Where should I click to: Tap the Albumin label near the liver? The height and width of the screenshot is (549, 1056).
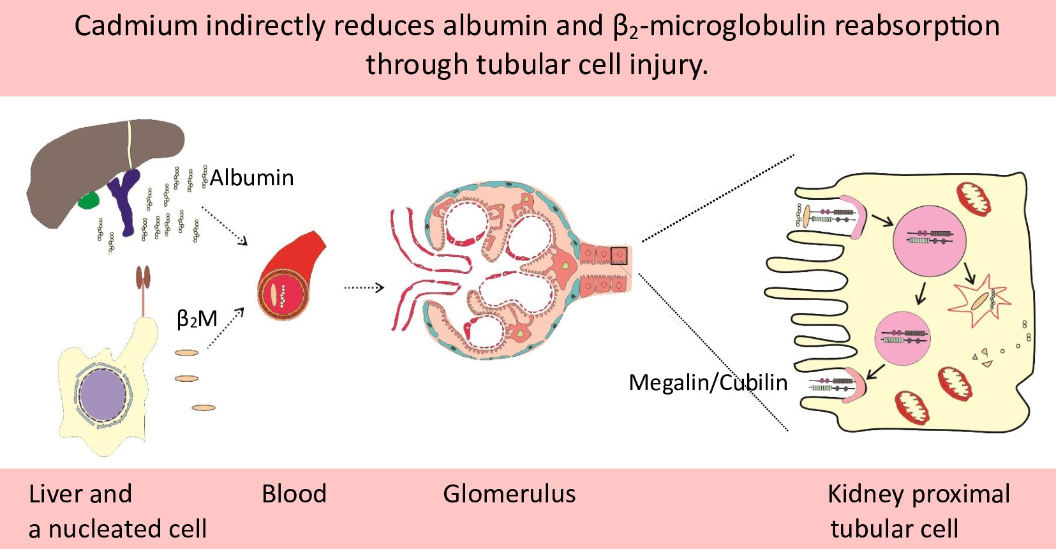[251, 177]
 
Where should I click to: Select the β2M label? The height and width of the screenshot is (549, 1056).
[197, 319]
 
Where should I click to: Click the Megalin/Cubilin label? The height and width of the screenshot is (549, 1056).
[708, 382]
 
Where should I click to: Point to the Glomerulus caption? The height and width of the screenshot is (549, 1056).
[509, 494]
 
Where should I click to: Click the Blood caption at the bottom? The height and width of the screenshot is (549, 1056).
[294, 494]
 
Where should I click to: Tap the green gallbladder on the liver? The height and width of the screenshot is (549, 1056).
[89, 200]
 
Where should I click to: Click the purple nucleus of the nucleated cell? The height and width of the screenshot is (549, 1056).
[103, 395]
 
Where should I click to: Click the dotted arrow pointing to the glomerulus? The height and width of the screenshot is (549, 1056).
[364, 288]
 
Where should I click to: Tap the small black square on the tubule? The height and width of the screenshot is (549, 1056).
[619, 255]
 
